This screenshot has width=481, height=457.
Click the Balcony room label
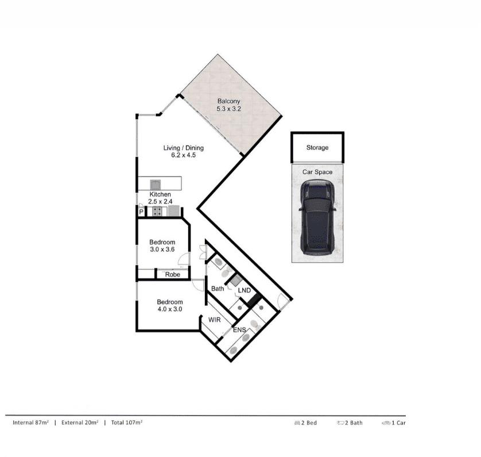click(228, 101)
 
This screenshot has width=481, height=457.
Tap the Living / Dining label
click(184, 148)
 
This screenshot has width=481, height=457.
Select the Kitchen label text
click(160, 194)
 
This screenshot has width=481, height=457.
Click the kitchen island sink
click(155, 185)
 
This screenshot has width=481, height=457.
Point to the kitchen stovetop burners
click(157, 211)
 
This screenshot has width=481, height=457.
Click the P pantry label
click(141, 212)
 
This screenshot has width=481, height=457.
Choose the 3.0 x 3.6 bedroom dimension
click(162, 249)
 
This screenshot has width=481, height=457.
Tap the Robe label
click(173, 275)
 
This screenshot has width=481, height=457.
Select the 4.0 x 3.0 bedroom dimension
click(170, 309)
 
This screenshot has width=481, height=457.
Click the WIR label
click(215, 320)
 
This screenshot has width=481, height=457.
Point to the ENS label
click(239, 330)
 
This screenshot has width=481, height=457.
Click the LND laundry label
click(244, 290)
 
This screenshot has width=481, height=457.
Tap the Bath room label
click(218, 289)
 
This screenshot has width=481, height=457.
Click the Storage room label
click(317, 147)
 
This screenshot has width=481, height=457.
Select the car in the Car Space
click(317, 217)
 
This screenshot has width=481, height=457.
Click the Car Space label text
click(317, 172)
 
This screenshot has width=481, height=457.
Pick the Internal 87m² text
click(30, 423)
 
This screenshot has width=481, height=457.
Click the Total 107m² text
click(127, 423)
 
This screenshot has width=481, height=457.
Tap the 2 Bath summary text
click(350, 423)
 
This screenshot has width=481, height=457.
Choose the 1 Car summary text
click(394, 423)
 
